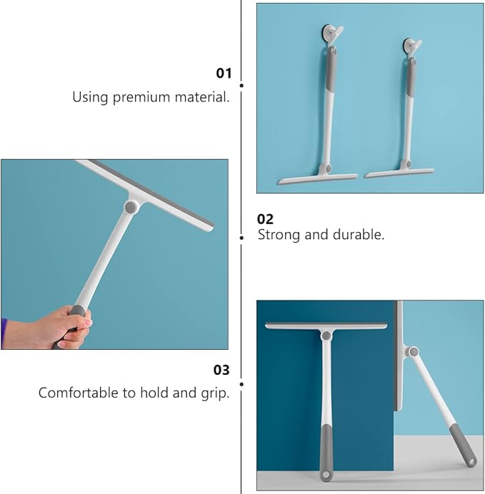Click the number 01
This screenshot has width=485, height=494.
pyautogui.click(x=224, y=73)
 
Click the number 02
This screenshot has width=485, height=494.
pyautogui.click(x=265, y=219)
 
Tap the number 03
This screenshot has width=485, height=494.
pyautogui.click(x=221, y=370)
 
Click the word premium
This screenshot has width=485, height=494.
pyautogui.click(x=141, y=98)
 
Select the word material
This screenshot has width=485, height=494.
pyautogui.click(x=202, y=96)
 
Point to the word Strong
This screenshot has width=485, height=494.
pyautogui.click(x=279, y=236)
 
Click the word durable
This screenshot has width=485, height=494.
pyautogui.click(x=359, y=234)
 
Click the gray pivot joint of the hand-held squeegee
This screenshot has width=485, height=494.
pyautogui.click(x=131, y=207)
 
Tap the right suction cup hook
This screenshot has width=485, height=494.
pyautogui.click(x=411, y=46)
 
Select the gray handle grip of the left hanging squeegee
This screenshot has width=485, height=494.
pyautogui.click(x=330, y=70)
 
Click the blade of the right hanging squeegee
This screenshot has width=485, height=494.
pyautogui.click(x=399, y=173)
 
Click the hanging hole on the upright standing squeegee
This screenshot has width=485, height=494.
pyautogui.click(x=326, y=475)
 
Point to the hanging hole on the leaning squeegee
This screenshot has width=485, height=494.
pyautogui.click(x=471, y=462)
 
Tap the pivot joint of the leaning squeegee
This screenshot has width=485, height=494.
pyautogui.click(x=414, y=352)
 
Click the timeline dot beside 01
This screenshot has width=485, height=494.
pyautogui.click(x=241, y=86)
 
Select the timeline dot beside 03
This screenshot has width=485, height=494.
pyautogui.click(x=241, y=384)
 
